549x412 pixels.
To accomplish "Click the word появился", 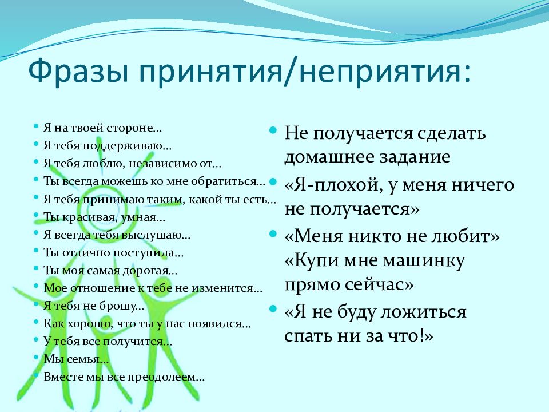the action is [x=220, y=324].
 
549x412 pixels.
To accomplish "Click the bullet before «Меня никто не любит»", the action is [x=273, y=234].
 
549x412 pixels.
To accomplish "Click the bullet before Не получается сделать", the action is [x=273, y=130].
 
